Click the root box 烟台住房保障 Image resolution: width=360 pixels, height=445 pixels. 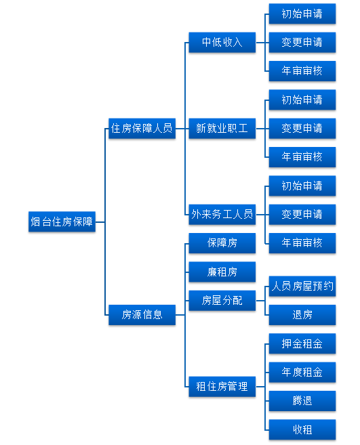pyautogui.click(x=62, y=221)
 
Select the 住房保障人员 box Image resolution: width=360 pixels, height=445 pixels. pyautogui.click(x=142, y=128)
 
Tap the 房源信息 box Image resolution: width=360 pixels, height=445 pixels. pyautogui.click(x=142, y=315)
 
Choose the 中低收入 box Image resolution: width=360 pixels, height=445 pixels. pyautogui.click(x=222, y=42)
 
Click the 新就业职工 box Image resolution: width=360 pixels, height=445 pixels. pyautogui.click(x=222, y=128)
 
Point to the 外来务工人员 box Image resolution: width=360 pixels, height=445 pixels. pyautogui.click(x=222, y=214)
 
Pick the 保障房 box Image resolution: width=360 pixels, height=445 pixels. pyautogui.click(x=222, y=243)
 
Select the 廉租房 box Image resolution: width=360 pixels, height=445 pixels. pyautogui.click(x=222, y=272)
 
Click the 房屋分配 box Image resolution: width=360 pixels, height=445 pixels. pyautogui.click(x=222, y=300)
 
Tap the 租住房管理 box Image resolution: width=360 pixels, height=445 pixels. pyautogui.click(x=222, y=387)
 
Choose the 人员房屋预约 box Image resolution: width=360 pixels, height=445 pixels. pyautogui.click(x=302, y=286)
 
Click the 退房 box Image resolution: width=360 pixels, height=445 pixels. pyautogui.click(x=302, y=315)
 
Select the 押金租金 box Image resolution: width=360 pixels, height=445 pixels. pyautogui.click(x=302, y=343)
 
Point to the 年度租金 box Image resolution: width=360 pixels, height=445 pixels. pyautogui.click(x=302, y=372)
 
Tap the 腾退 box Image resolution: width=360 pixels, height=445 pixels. pyautogui.click(x=302, y=401)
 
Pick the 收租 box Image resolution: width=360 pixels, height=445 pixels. pyautogui.click(x=302, y=429)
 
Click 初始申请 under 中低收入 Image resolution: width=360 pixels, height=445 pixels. pyautogui.click(x=302, y=14)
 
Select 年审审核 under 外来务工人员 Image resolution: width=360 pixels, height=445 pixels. pyautogui.click(x=302, y=243)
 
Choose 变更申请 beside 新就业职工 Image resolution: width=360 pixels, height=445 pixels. pyautogui.click(x=302, y=128)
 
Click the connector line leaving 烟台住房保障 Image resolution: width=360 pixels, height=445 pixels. pyautogui.click(x=100, y=222)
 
